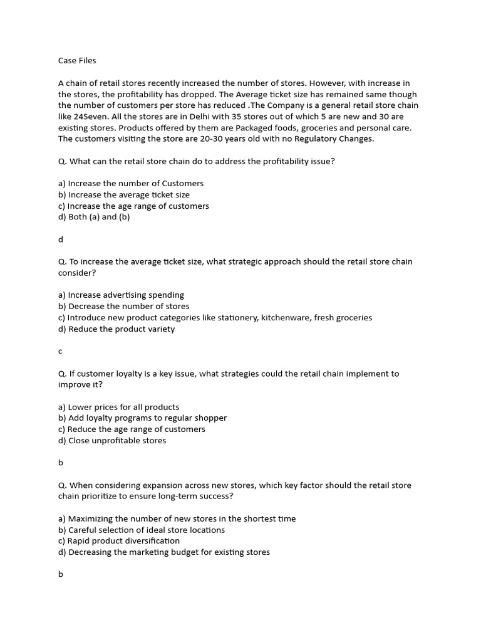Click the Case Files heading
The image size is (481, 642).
(77, 61)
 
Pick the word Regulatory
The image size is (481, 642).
(314, 139)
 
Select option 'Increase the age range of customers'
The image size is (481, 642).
(133, 206)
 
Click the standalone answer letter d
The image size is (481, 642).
(61, 239)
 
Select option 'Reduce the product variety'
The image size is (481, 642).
(116, 329)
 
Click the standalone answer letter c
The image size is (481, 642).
(61, 352)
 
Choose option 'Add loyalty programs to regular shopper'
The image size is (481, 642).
(142, 418)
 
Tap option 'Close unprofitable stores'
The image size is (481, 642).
(112, 441)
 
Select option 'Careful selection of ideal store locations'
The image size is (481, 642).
(141, 530)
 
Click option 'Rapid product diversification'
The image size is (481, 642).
(119, 541)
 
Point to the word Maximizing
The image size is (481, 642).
(93, 518)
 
